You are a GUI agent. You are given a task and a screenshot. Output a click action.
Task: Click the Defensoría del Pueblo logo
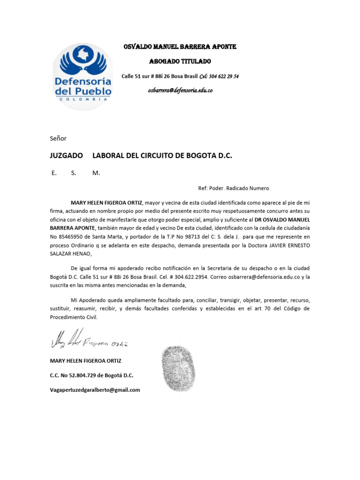tap(82, 75)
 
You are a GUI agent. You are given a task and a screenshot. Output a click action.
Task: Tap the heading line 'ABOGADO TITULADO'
tap(180, 61)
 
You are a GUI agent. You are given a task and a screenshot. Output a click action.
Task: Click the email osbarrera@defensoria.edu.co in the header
tap(180, 90)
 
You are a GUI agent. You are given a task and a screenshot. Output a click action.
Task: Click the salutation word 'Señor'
tap(58, 138)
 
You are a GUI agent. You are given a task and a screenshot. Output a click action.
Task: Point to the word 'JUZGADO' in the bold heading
tap(67, 155)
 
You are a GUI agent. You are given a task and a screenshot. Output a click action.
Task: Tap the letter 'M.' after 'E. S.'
tap(96, 172)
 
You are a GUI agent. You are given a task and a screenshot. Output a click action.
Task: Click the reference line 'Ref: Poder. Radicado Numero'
tap(233, 188)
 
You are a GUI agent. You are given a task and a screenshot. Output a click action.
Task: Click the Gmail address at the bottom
tap(95, 390)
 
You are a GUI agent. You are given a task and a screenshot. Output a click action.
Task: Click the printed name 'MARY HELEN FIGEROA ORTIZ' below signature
tap(85, 360)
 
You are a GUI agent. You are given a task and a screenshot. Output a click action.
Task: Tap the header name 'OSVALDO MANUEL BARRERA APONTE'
tap(180, 47)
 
